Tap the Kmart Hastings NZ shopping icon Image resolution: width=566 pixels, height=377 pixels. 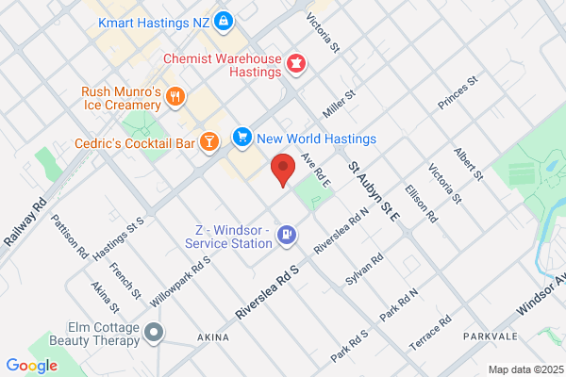coord(223,19)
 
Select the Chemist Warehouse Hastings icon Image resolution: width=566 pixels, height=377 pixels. coord(297,63)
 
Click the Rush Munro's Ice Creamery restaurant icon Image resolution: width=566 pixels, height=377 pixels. coord(175,97)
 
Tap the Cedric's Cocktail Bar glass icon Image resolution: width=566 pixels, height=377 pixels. coord(208,142)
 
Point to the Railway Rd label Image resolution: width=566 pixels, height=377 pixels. coord(25,222)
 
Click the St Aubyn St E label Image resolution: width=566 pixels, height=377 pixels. coord(374,191)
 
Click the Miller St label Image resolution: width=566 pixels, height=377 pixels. coord(338,104)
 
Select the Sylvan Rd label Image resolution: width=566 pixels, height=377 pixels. coord(363,270)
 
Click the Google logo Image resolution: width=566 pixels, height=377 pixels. coord(32,366)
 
